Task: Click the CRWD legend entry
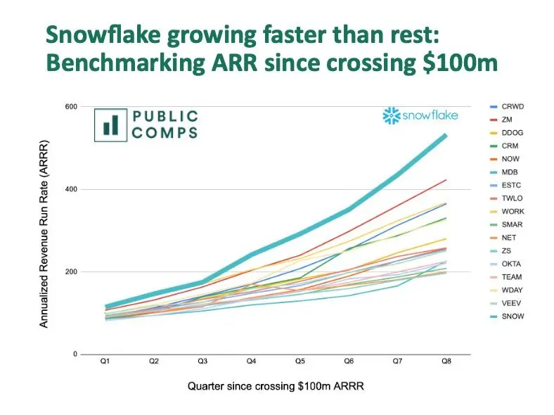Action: [x=511, y=106]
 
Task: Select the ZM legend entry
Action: [x=507, y=119]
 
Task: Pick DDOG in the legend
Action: [x=511, y=132]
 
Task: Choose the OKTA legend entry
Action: [x=511, y=264]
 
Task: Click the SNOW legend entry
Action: [x=512, y=317]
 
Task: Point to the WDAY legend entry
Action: [x=512, y=290]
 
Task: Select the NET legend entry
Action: [x=508, y=238]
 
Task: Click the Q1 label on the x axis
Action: [x=105, y=362]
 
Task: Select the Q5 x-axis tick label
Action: [x=299, y=362]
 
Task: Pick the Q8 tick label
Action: [x=445, y=362]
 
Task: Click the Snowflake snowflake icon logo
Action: [x=390, y=115]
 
